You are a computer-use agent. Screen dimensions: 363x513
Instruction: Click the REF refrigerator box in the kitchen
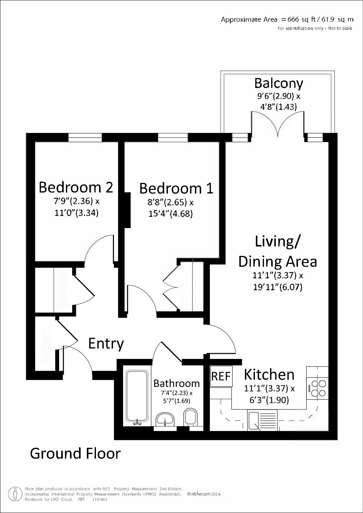pos(221,376)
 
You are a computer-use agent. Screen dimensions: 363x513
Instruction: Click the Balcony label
pos(279,83)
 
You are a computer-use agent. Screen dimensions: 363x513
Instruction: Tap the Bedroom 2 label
pos(76,187)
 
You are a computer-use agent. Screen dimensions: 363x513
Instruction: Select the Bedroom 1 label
pos(176,188)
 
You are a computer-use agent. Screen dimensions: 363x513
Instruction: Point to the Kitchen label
pos(269,374)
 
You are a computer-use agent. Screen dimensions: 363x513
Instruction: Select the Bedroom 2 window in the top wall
pos(85,137)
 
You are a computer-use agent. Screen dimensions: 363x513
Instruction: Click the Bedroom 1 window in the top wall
pos(173,137)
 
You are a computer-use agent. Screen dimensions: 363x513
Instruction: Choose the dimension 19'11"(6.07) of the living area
pos(277,287)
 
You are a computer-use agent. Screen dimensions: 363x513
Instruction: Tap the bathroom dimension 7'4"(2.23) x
pos(177,393)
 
